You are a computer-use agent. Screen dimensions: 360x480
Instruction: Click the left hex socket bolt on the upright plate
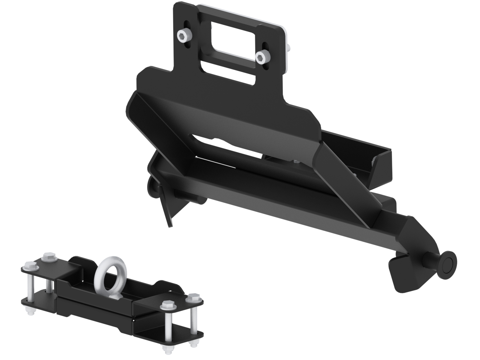click(x=183, y=37)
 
